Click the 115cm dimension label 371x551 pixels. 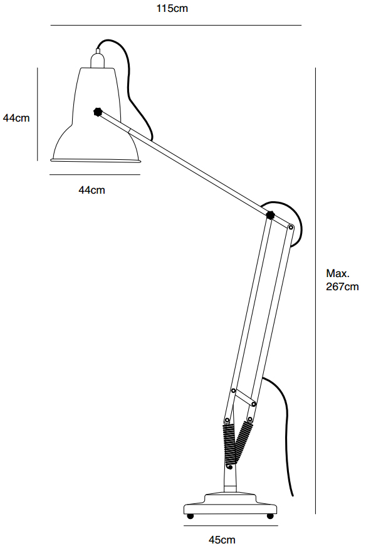click(x=172, y=8)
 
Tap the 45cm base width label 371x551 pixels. click(x=222, y=540)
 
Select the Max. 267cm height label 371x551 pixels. click(x=342, y=280)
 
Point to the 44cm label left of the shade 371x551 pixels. click(x=16, y=118)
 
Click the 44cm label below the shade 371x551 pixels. click(x=91, y=190)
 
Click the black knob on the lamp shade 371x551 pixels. click(x=98, y=112)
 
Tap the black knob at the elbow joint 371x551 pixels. click(x=270, y=215)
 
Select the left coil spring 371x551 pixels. click(x=229, y=446)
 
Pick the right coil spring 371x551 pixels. click(x=244, y=439)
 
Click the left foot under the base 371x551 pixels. click(x=191, y=517)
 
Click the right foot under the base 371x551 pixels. click(x=270, y=517)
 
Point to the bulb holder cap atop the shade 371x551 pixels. click(x=98, y=58)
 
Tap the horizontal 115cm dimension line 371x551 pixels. click(x=176, y=25)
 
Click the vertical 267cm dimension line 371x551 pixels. click(x=315, y=291)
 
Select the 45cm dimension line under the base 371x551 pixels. click(x=231, y=526)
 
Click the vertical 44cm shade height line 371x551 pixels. click(x=37, y=114)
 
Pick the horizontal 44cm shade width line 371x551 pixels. click(x=95, y=174)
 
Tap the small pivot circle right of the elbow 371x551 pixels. click(x=291, y=228)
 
